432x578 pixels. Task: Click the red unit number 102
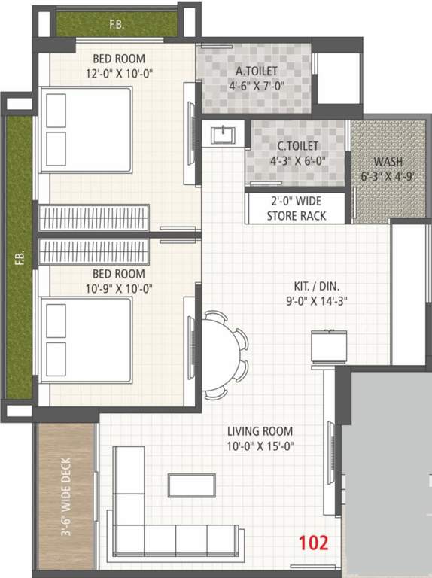tap(313, 543)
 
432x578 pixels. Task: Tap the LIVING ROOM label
tap(260, 431)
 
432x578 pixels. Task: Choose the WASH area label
tap(388, 161)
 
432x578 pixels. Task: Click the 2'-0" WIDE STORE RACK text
tap(297, 208)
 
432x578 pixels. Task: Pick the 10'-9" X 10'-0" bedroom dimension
tap(119, 287)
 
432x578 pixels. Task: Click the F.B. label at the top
tap(117, 25)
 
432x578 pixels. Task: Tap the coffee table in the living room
tap(192, 485)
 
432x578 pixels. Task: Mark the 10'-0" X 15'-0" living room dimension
tap(260, 446)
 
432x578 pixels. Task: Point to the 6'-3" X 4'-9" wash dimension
tap(388, 175)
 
